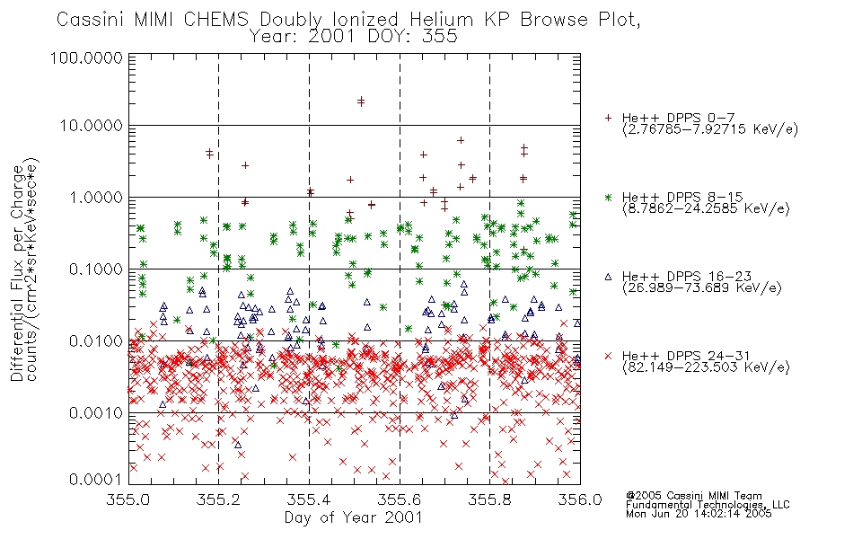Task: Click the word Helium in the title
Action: tap(441, 20)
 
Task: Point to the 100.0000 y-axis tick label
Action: tap(87, 57)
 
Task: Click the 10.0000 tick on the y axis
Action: tap(91, 126)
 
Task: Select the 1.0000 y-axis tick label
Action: tap(95, 197)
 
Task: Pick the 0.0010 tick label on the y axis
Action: tap(95, 412)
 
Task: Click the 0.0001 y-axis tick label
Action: tap(95, 479)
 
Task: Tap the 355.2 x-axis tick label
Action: tap(219, 499)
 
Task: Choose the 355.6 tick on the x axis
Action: tap(400, 499)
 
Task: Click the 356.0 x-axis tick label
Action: tap(580, 499)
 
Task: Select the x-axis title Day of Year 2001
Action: tap(354, 517)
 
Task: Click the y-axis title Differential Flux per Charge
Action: tap(17, 273)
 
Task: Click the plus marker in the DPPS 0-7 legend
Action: tap(608, 118)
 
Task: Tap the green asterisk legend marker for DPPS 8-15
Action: tap(608, 197)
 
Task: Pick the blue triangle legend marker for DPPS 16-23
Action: tap(608, 277)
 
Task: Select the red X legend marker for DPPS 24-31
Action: tap(608, 356)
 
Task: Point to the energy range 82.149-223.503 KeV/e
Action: tap(706, 367)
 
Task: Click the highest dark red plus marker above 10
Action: tap(361, 100)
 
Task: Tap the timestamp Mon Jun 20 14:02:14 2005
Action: tap(699, 514)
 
